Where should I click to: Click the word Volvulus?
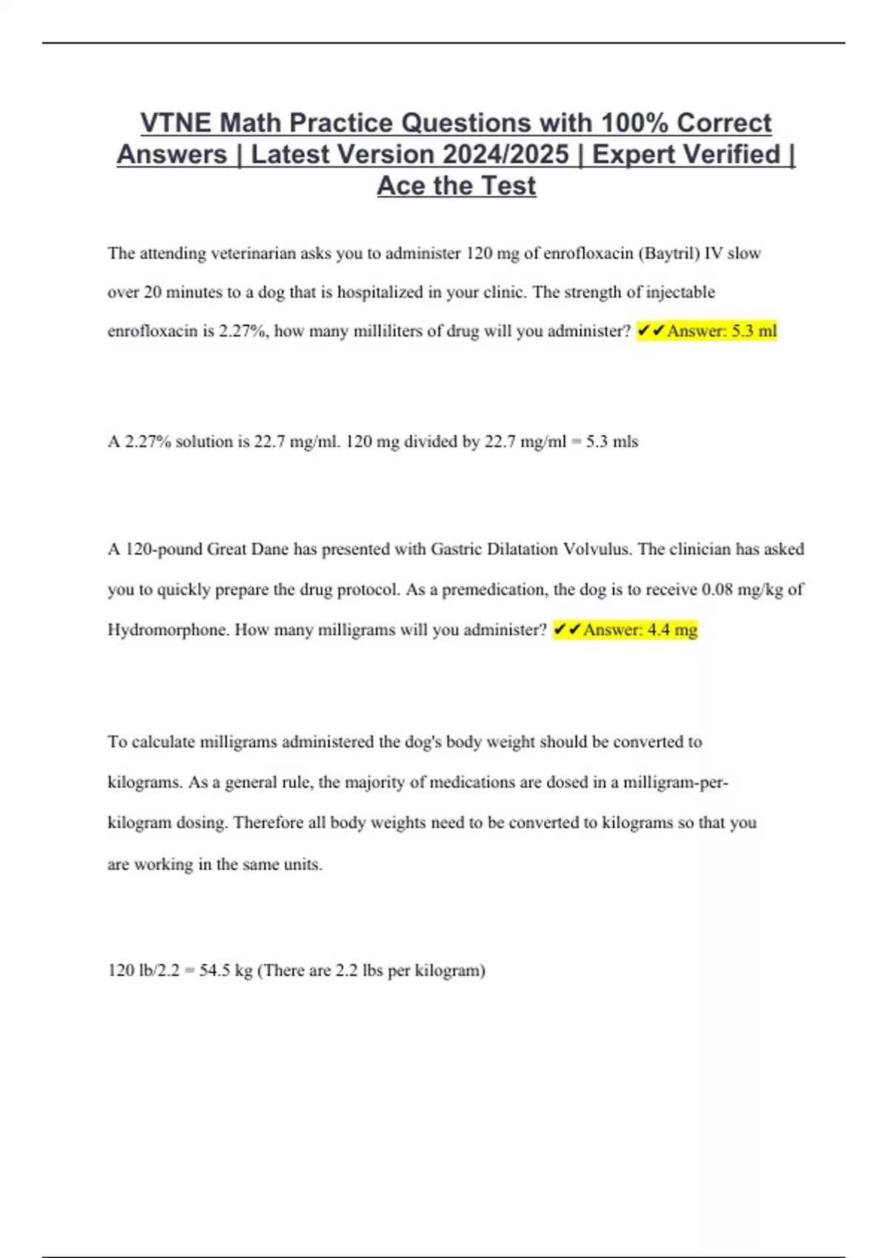click(597, 549)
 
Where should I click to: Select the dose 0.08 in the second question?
click(717, 590)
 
